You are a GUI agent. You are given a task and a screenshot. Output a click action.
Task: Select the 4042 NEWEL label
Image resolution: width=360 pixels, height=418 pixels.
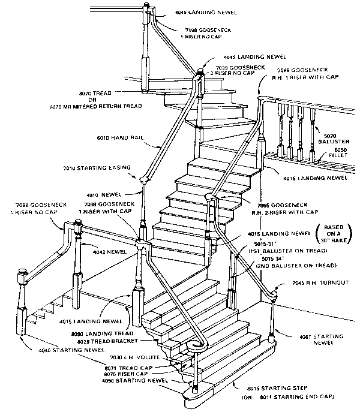109,252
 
